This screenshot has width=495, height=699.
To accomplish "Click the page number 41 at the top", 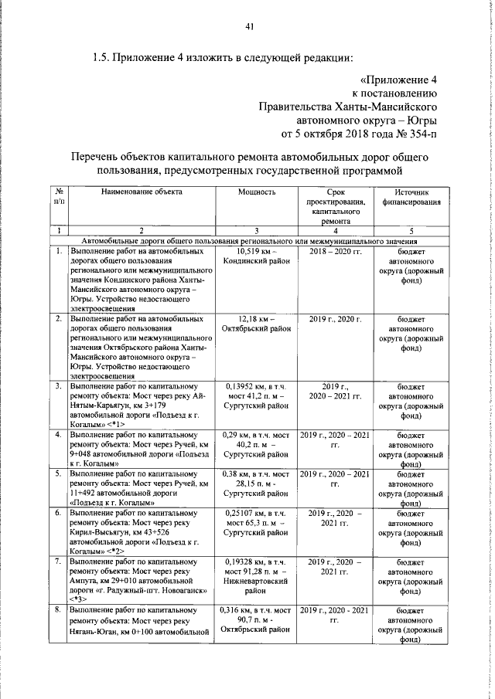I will coord(249,29).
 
